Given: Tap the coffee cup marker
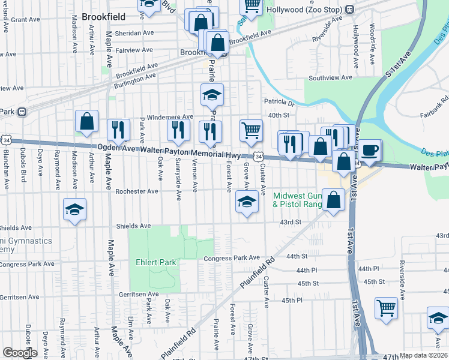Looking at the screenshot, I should (x=369, y=150).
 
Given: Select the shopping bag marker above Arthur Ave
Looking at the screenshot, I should (x=87, y=121).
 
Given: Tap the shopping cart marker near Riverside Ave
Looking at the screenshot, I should (x=386, y=308).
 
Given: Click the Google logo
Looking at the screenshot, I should (x=20, y=353).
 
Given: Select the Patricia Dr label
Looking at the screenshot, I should (x=280, y=103).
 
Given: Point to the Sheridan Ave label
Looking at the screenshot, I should (x=134, y=33).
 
